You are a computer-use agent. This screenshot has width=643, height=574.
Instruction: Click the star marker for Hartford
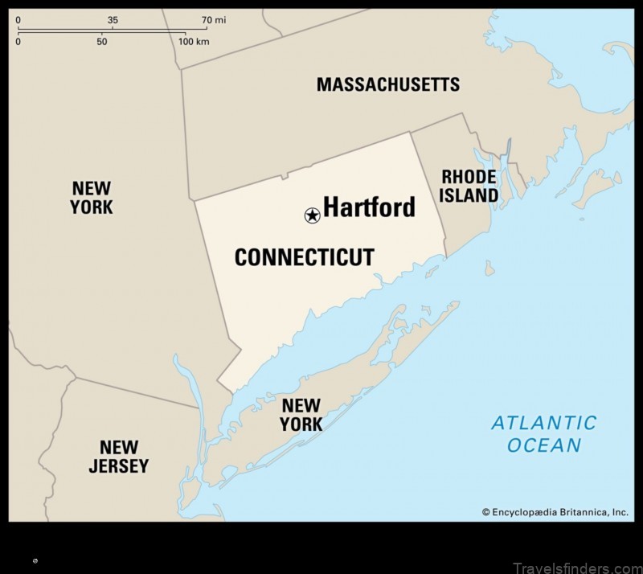[x=312, y=215]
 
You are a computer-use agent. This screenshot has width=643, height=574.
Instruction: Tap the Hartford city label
[x=369, y=207]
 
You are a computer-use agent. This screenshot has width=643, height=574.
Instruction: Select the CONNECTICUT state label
[x=304, y=257]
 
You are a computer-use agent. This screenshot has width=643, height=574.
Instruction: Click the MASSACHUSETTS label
[x=388, y=84]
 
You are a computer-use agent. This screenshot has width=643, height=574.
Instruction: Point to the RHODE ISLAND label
[x=469, y=186]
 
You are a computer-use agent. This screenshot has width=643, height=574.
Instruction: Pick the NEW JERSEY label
[x=119, y=457]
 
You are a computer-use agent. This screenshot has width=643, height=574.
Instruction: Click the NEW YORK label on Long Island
[x=301, y=415]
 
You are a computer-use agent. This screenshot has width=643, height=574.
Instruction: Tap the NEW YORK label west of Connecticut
[x=92, y=197]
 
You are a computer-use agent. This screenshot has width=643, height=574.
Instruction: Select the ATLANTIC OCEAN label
[x=544, y=434]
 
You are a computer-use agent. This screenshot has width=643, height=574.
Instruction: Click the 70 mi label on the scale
[x=213, y=19]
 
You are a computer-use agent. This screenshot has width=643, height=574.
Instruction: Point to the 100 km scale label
[x=193, y=41]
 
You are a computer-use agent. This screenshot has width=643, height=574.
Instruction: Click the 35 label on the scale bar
[x=113, y=19]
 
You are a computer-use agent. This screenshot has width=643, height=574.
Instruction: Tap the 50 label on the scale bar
[x=101, y=41]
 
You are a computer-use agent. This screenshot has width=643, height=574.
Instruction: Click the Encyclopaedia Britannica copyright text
[x=555, y=511]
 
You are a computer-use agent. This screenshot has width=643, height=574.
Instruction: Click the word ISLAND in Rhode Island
[x=469, y=195]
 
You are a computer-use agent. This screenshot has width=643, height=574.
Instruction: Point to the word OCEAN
[x=544, y=445]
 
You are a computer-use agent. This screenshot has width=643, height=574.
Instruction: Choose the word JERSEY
[x=119, y=466]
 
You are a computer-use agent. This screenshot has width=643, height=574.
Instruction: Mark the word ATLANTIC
[x=544, y=423]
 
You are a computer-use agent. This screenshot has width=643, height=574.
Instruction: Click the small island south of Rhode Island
[x=489, y=269]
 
